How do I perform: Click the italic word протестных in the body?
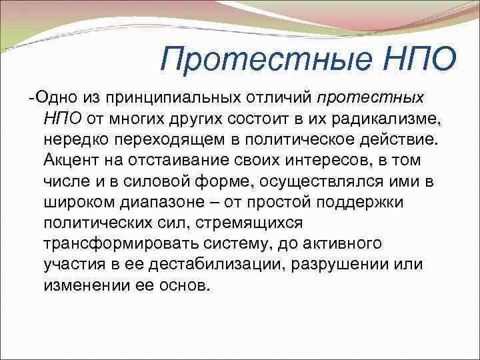tap(371, 98)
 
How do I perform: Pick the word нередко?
tap(73, 139)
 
